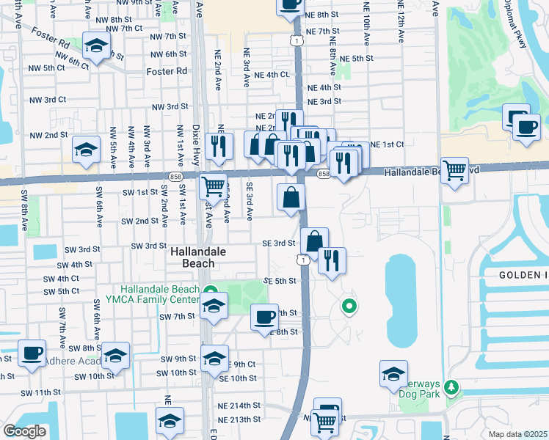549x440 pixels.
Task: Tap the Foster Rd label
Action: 167,72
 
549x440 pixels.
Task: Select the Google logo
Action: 25,431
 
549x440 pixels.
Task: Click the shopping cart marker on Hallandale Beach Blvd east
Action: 455,170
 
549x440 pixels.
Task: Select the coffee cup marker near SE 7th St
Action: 264,317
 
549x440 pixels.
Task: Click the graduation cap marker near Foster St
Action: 95,46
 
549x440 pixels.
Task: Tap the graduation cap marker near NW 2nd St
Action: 86,150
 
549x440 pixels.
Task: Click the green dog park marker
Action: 453,385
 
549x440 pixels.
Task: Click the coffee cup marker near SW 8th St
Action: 32,353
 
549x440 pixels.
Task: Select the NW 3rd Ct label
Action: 47,99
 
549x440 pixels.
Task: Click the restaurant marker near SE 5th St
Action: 332,260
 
